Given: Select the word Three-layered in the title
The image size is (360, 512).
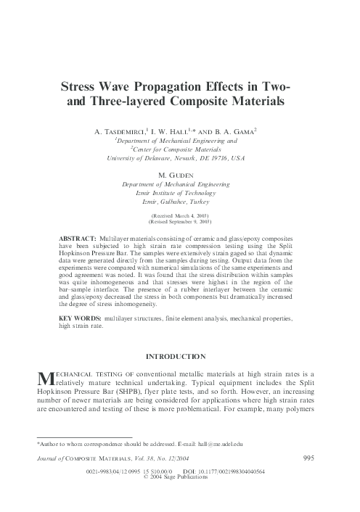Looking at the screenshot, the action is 125,102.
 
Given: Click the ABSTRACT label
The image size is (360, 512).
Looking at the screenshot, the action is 76,238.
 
